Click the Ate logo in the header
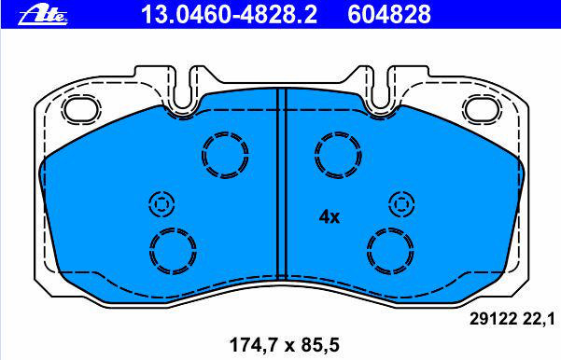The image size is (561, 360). click(43, 16)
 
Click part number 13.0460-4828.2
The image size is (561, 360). click(229, 14)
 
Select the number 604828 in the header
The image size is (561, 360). click(389, 14)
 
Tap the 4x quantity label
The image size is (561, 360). click(330, 216)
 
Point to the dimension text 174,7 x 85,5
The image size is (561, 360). click(284, 345)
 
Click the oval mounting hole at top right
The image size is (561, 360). click(482, 108)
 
